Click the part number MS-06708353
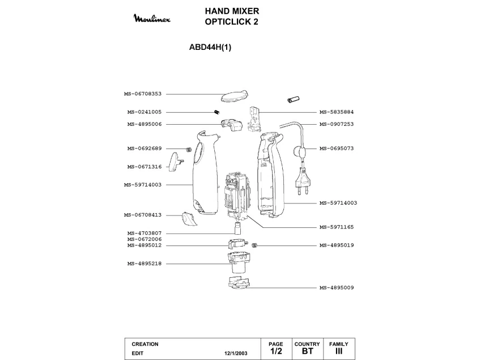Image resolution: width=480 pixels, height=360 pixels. pos(143,94)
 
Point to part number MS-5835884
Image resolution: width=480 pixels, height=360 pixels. pos(336,112)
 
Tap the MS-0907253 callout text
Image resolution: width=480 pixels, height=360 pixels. pos(336,124)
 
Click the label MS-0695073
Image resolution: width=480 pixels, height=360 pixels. pos(336,149)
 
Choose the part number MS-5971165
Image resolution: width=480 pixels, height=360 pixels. pos(336,227)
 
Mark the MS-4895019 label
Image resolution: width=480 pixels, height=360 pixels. pos(336,245)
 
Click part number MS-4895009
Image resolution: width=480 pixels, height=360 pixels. pos(336,287)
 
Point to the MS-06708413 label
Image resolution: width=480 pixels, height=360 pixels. pos(143,215)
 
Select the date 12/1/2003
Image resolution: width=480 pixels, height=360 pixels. pos(236,353)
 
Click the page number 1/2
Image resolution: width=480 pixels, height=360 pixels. pos(276,351)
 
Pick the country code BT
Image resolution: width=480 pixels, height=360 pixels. pos(307,351)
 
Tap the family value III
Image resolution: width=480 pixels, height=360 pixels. pos(339,351)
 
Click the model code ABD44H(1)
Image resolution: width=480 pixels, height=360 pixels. pos(210,48)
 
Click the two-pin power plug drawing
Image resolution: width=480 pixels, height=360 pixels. pos(304,183)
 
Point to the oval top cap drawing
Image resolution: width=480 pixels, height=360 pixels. pos(233,95)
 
